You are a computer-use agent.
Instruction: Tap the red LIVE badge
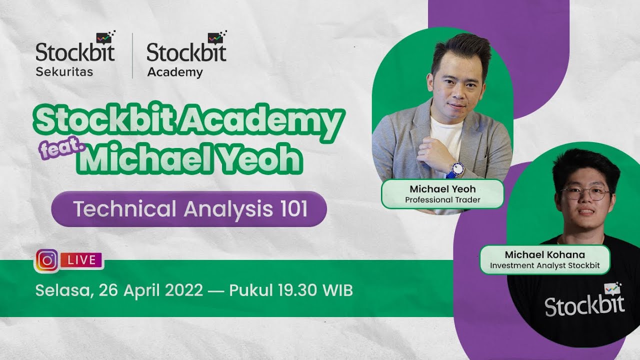[81, 260]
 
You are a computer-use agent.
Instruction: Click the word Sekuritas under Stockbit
[64, 71]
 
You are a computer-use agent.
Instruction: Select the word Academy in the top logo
[175, 72]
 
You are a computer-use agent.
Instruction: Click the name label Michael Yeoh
[442, 189]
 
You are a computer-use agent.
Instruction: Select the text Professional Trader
[442, 200]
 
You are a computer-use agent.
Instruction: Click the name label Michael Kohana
[544, 255]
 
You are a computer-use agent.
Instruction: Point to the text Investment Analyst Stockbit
[544, 265]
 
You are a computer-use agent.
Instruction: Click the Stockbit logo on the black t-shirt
[584, 302]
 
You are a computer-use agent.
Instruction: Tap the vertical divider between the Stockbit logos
[132, 56]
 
